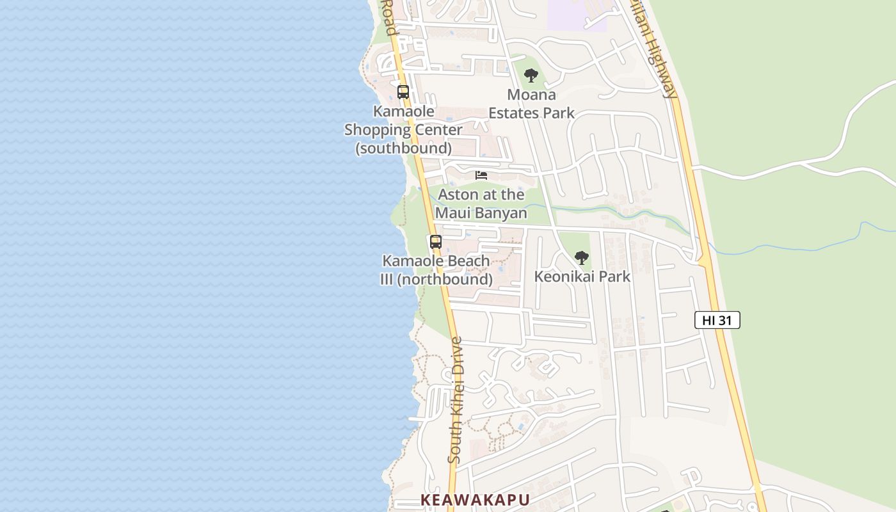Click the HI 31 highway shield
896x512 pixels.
pyautogui.click(x=717, y=320)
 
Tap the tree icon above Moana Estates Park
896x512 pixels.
pyautogui.click(x=531, y=76)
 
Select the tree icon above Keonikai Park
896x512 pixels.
pyautogui.click(x=581, y=258)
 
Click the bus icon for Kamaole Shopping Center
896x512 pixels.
pyautogui.click(x=403, y=92)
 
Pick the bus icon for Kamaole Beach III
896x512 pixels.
pyautogui.click(x=435, y=242)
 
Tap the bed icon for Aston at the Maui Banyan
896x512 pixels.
pyautogui.click(x=481, y=175)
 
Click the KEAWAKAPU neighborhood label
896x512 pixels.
pyautogui.click(x=475, y=500)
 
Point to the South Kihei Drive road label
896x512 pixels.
pyautogui.click(x=455, y=400)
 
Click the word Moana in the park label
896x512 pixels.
pyautogui.click(x=531, y=95)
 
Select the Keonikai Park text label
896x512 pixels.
pyautogui.click(x=582, y=276)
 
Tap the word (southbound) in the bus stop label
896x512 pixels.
pyautogui.click(x=403, y=148)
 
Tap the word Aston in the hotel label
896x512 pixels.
pyautogui.click(x=456, y=195)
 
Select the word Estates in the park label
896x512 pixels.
pyautogui.click(x=513, y=113)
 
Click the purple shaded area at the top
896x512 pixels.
pyautogui.click(x=576, y=14)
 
